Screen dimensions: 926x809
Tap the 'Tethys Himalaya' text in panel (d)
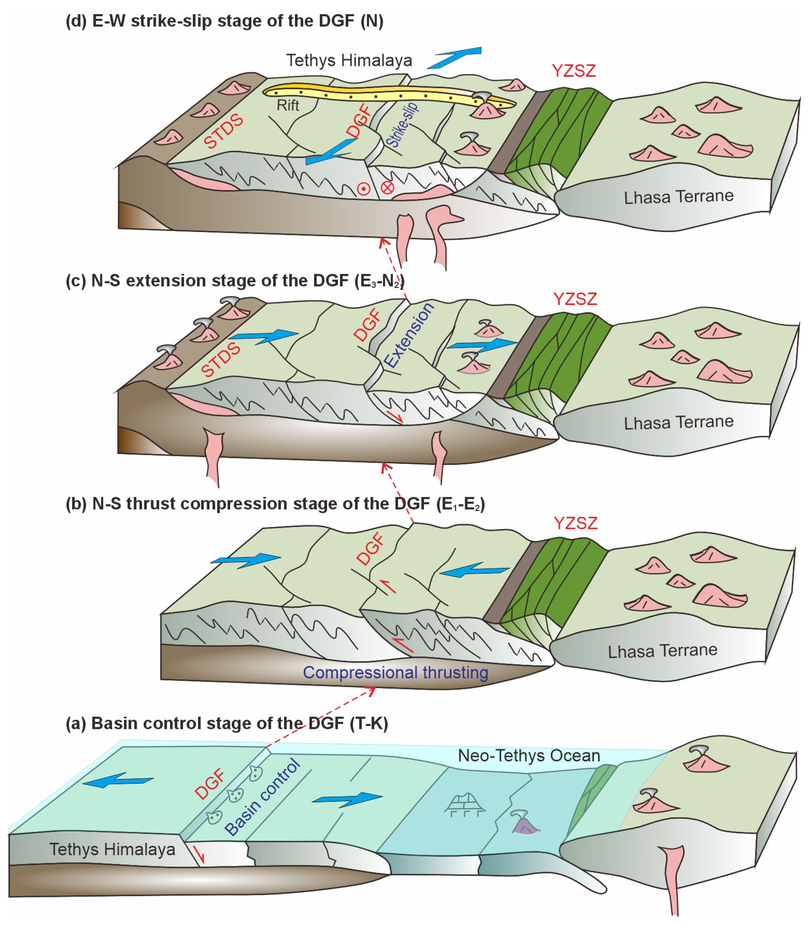click(x=349, y=60)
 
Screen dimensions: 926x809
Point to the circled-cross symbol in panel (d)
click(x=387, y=187)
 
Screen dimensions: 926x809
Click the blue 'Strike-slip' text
click(x=403, y=125)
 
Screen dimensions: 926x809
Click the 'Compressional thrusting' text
click(x=396, y=672)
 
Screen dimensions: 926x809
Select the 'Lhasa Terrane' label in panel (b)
click(x=662, y=651)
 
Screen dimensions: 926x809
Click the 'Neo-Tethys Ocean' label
click(x=529, y=755)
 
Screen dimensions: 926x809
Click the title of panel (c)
click(x=235, y=281)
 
